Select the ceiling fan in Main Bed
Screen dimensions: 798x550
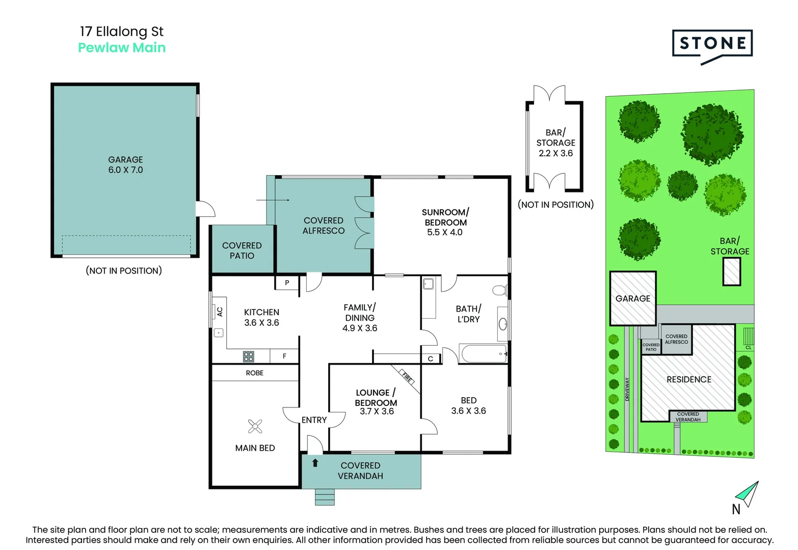click(255, 426)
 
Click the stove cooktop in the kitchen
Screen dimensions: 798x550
click(249, 356)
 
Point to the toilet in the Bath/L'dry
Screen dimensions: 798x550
click(500, 290)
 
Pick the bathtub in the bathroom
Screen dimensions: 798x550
click(483, 353)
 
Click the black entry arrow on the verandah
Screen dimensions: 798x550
click(315, 463)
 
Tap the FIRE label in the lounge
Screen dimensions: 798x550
click(407, 377)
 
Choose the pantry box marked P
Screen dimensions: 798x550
click(287, 283)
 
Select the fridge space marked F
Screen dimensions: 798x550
click(284, 356)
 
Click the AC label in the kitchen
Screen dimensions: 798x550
click(220, 312)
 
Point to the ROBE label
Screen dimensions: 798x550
click(255, 373)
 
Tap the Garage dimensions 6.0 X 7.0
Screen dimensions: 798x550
click(125, 170)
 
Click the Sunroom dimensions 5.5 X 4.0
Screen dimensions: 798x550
click(444, 232)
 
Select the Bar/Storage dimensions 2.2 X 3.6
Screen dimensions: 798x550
click(556, 153)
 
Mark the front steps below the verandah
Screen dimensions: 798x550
click(325, 497)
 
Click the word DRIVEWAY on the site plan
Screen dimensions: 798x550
click(627, 389)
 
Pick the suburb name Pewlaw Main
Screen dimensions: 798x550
click(122, 48)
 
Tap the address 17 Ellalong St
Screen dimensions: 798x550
click(122, 32)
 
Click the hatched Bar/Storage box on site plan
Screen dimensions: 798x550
click(731, 271)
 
